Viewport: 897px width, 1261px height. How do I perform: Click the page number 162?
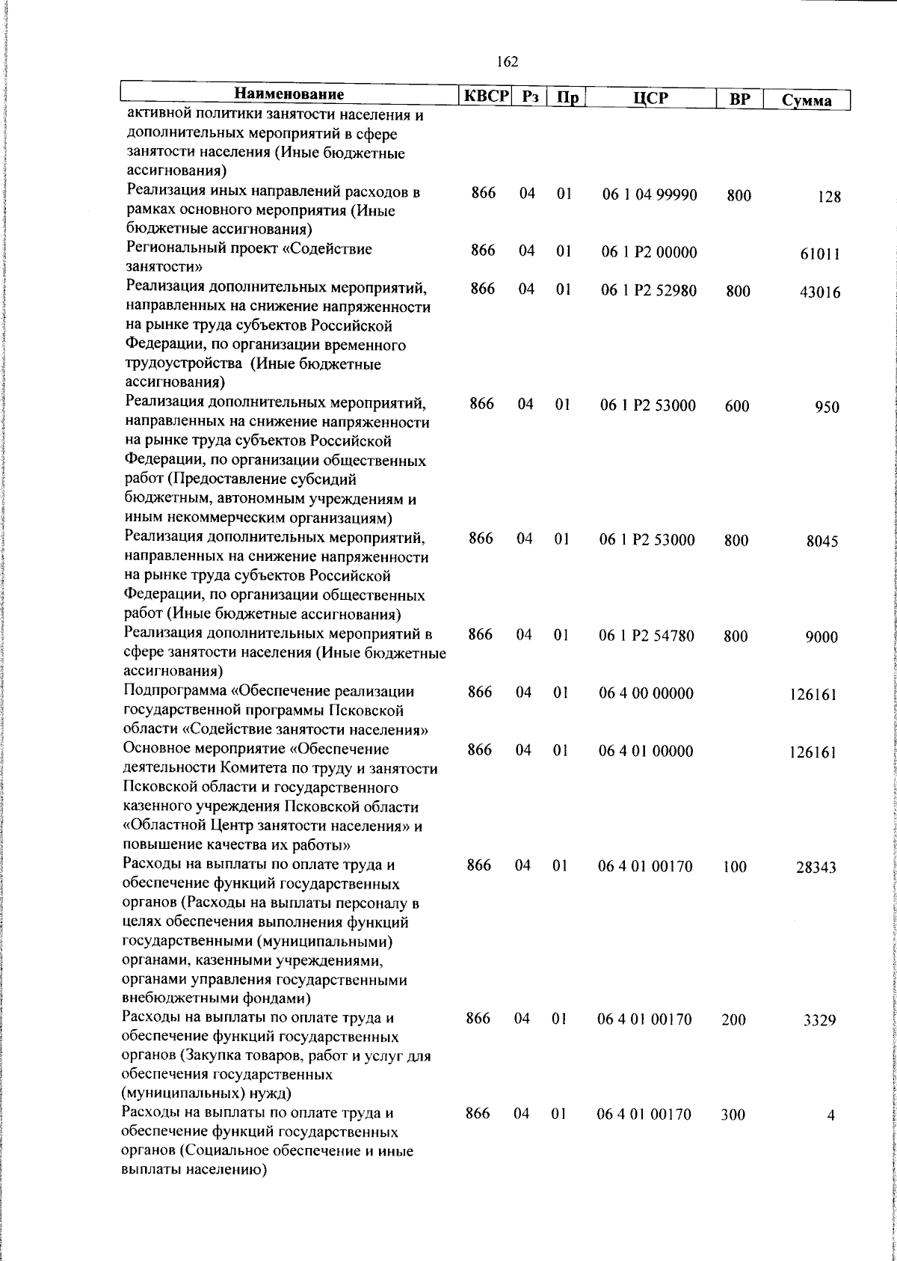coord(507,62)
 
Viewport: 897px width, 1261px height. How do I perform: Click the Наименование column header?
coord(289,95)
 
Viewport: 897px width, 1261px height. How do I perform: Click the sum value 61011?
coord(820,254)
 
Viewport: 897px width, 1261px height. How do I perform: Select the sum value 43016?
coord(819,292)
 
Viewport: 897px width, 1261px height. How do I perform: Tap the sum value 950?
coord(827,408)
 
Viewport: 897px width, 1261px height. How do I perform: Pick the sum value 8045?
coord(822,541)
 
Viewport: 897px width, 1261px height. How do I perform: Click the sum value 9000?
coord(821,637)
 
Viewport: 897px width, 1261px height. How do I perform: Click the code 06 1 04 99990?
coord(650,195)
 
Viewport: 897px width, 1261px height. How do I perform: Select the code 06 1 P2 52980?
coord(649,291)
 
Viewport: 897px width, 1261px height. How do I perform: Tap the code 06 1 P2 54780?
coord(647,636)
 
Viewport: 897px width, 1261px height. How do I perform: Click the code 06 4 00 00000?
coord(646,693)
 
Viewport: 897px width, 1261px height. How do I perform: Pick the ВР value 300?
coord(733,1115)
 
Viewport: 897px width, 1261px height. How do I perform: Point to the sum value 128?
coord(828,197)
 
